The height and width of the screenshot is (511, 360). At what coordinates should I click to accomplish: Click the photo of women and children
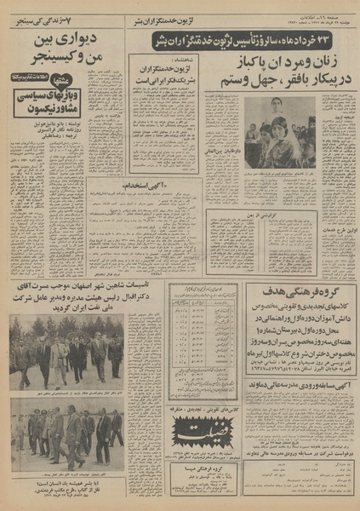pyautogui.click(x=280, y=132)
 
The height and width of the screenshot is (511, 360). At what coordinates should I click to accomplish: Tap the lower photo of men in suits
pyautogui.click(x=67, y=431)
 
